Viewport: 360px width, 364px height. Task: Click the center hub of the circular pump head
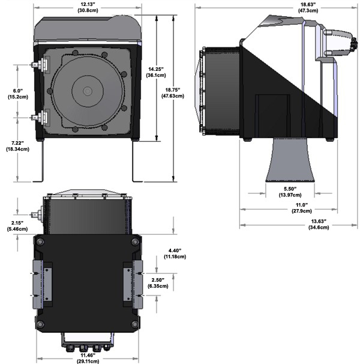tap(88, 91)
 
